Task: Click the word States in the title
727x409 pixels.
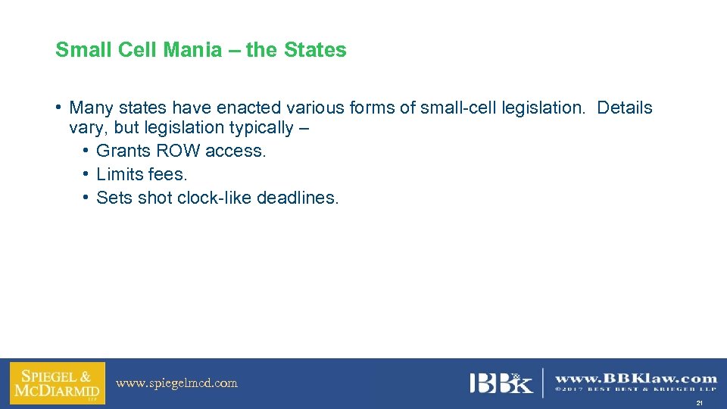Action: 315,50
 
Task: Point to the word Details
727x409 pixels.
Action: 624,108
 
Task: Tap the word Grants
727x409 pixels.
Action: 123,151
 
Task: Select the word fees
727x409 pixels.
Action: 167,174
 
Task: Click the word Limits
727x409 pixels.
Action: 120,174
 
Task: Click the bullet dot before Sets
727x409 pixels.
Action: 87,198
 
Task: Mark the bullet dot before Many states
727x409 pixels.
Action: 59,108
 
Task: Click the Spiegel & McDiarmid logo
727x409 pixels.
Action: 58,383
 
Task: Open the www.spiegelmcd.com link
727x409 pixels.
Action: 176,383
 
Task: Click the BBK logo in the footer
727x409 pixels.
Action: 501,383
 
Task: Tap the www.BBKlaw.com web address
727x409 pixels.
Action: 636,379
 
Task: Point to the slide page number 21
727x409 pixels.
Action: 700,403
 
